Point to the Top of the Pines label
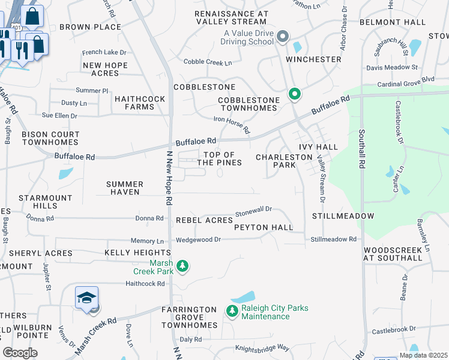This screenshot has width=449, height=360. (x=219, y=159)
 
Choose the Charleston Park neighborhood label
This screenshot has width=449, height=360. (x=284, y=161)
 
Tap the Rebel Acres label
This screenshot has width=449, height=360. (x=204, y=221)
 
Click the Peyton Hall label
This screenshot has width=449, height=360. (x=264, y=227)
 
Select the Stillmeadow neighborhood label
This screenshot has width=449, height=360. (x=343, y=215)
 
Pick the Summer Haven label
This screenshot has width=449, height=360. (x=125, y=188)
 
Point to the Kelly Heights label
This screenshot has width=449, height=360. (x=137, y=253)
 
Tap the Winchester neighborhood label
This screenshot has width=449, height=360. (x=313, y=59)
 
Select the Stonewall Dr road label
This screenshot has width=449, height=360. (x=253, y=211)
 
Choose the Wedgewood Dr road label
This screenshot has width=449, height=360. (x=199, y=239)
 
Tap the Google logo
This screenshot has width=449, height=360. (x=20, y=353)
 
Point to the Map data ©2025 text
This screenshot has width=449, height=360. (x=424, y=355)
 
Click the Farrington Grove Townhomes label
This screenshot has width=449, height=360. (x=189, y=317)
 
